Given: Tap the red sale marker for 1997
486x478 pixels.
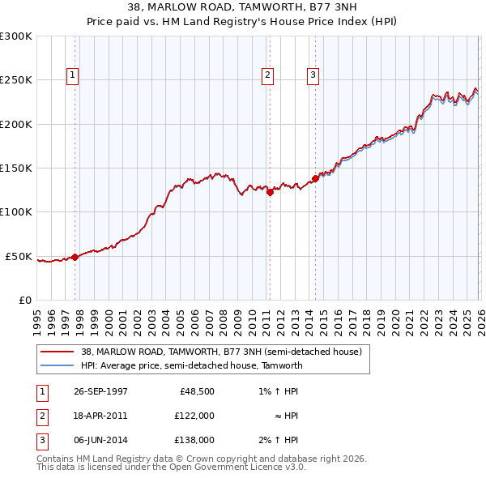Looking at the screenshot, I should pos(75,257).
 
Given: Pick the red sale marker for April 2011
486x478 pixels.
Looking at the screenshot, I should pos(270,192).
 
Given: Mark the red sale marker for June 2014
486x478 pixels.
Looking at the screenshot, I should pos(315,178).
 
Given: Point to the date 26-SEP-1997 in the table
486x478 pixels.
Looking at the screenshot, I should pos(100,391).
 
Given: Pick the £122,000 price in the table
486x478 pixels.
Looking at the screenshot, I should pos(194,416).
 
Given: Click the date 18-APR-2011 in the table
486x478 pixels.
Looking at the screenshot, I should pos(100,416).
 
